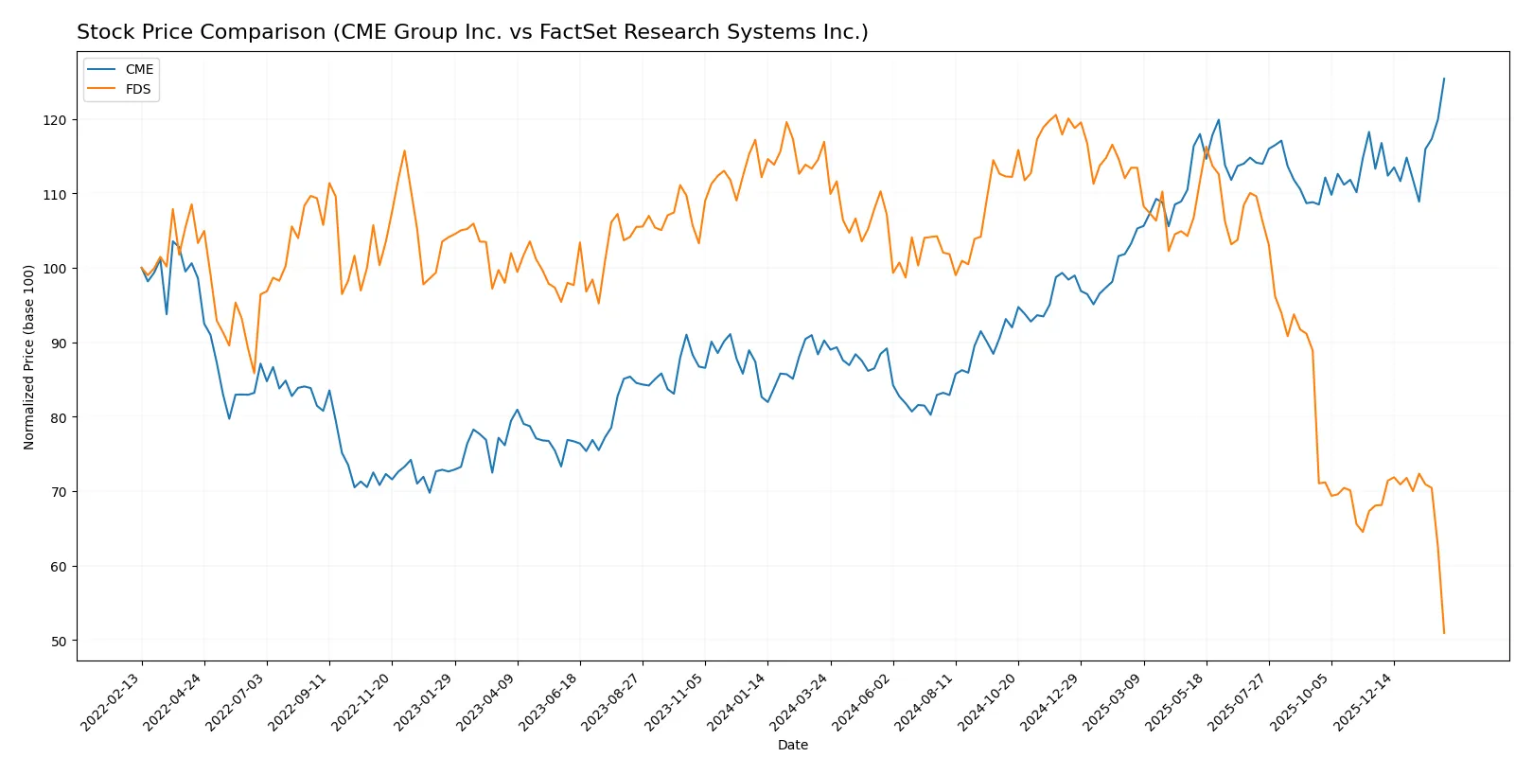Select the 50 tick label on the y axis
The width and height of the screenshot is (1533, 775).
point(59,642)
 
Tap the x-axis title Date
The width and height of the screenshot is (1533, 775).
point(792,745)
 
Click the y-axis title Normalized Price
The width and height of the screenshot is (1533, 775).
point(29,357)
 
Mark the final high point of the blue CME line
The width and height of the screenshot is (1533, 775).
point(1444,79)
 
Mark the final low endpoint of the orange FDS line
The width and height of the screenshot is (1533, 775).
point(1444,633)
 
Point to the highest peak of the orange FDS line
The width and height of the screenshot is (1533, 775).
point(1056,115)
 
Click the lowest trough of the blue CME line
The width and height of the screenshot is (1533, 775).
point(430,492)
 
